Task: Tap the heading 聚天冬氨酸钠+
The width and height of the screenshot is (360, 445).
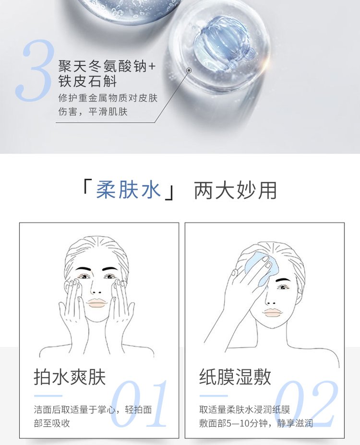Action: tap(107, 66)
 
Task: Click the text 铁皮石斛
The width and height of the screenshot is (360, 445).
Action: tap(87, 81)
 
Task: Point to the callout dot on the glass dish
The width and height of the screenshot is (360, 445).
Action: tap(189, 70)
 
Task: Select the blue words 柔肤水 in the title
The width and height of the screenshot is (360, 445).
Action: tap(129, 190)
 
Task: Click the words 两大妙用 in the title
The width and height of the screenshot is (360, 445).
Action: tap(235, 190)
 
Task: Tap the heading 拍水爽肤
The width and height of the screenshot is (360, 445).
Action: tap(70, 377)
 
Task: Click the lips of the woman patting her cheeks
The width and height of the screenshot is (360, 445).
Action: tap(97, 303)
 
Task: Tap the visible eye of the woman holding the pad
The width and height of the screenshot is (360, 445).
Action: tap(283, 288)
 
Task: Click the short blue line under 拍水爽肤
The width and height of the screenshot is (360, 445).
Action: tap(48, 396)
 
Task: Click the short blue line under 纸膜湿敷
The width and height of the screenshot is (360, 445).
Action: tap(214, 396)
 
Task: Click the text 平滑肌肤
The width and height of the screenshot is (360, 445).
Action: tap(108, 112)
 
